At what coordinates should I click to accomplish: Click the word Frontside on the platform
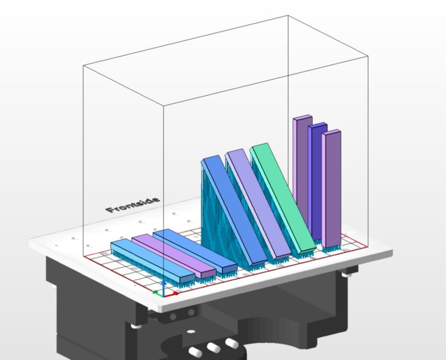132,205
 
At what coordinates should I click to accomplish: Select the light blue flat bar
153,261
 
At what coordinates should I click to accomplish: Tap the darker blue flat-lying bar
195,251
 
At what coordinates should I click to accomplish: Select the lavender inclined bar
258,204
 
